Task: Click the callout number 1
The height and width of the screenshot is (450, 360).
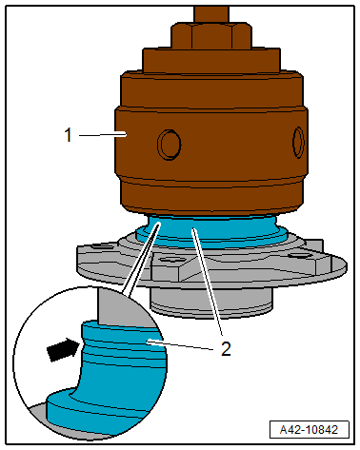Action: tap(69, 136)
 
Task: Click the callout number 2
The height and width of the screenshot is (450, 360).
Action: tap(226, 347)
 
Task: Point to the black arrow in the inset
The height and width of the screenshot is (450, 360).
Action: tap(62, 350)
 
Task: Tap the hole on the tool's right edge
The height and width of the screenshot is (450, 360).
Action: tap(299, 143)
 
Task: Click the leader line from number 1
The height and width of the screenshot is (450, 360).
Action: tap(97, 136)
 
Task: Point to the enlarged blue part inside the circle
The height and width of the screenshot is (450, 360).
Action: tap(105, 371)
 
